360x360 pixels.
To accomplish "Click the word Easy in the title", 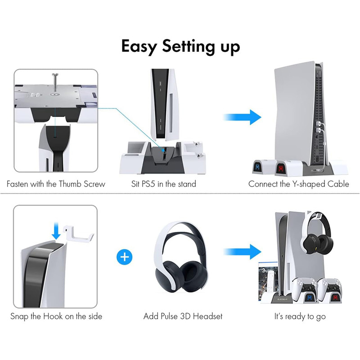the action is pyautogui.click(x=139, y=47).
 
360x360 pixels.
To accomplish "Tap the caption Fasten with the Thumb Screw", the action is pyautogui.click(x=56, y=184).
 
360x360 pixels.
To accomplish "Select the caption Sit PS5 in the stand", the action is pyautogui.click(x=164, y=184).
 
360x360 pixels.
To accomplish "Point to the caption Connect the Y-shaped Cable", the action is pyautogui.click(x=299, y=184).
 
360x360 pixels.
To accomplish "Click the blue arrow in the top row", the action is pyautogui.click(x=242, y=117).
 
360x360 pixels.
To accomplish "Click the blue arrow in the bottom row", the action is pyautogui.click(x=242, y=252).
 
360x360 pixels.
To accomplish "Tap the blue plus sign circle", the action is pyautogui.click(x=125, y=256).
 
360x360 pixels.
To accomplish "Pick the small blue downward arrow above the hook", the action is pyautogui.click(x=56, y=232).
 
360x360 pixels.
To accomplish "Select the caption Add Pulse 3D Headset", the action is pyautogui.click(x=183, y=316).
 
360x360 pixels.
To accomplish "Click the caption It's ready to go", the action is pyautogui.click(x=300, y=317).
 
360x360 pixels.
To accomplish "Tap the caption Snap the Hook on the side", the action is pyautogui.click(x=56, y=316).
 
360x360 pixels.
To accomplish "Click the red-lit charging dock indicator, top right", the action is pyautogui.click(x=280, y=169).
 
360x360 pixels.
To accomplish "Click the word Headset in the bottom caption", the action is pyautogui.click(x=207, y=316).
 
